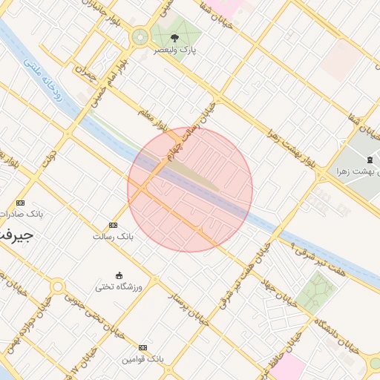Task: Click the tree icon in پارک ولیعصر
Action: (174, 37)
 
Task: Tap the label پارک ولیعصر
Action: (174, 50)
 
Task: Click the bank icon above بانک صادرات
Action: (20, 203)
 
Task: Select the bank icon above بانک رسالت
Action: (113, 225)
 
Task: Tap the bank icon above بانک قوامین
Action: (142, 347)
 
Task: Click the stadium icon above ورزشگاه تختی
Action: (119, 275)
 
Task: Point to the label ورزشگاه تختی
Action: (119, 286)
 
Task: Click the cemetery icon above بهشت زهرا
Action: (370, 160)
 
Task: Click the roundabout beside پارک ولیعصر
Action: (140, 37)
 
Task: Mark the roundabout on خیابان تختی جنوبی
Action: (57, 286)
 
